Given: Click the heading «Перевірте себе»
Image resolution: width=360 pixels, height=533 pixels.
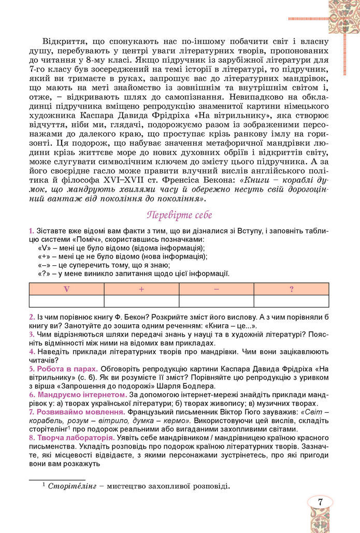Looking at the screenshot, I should click(180, 214).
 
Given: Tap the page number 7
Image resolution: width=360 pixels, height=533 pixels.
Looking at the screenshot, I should click(321, 501).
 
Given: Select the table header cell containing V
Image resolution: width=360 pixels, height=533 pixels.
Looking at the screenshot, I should click(67, 289).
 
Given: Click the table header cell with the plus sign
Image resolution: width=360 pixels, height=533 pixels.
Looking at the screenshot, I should click(141, 289).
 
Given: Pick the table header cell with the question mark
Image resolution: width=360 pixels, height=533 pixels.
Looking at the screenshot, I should click(291, 289).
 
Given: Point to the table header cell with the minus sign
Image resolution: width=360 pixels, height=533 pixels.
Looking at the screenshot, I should click(217, 289).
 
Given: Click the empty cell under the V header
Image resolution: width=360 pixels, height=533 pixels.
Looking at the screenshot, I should click(67, 301).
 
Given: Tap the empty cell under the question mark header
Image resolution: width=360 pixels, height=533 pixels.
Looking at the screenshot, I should click(291, 301).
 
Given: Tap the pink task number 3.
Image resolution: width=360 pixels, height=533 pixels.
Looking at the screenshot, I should click(31, 334).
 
